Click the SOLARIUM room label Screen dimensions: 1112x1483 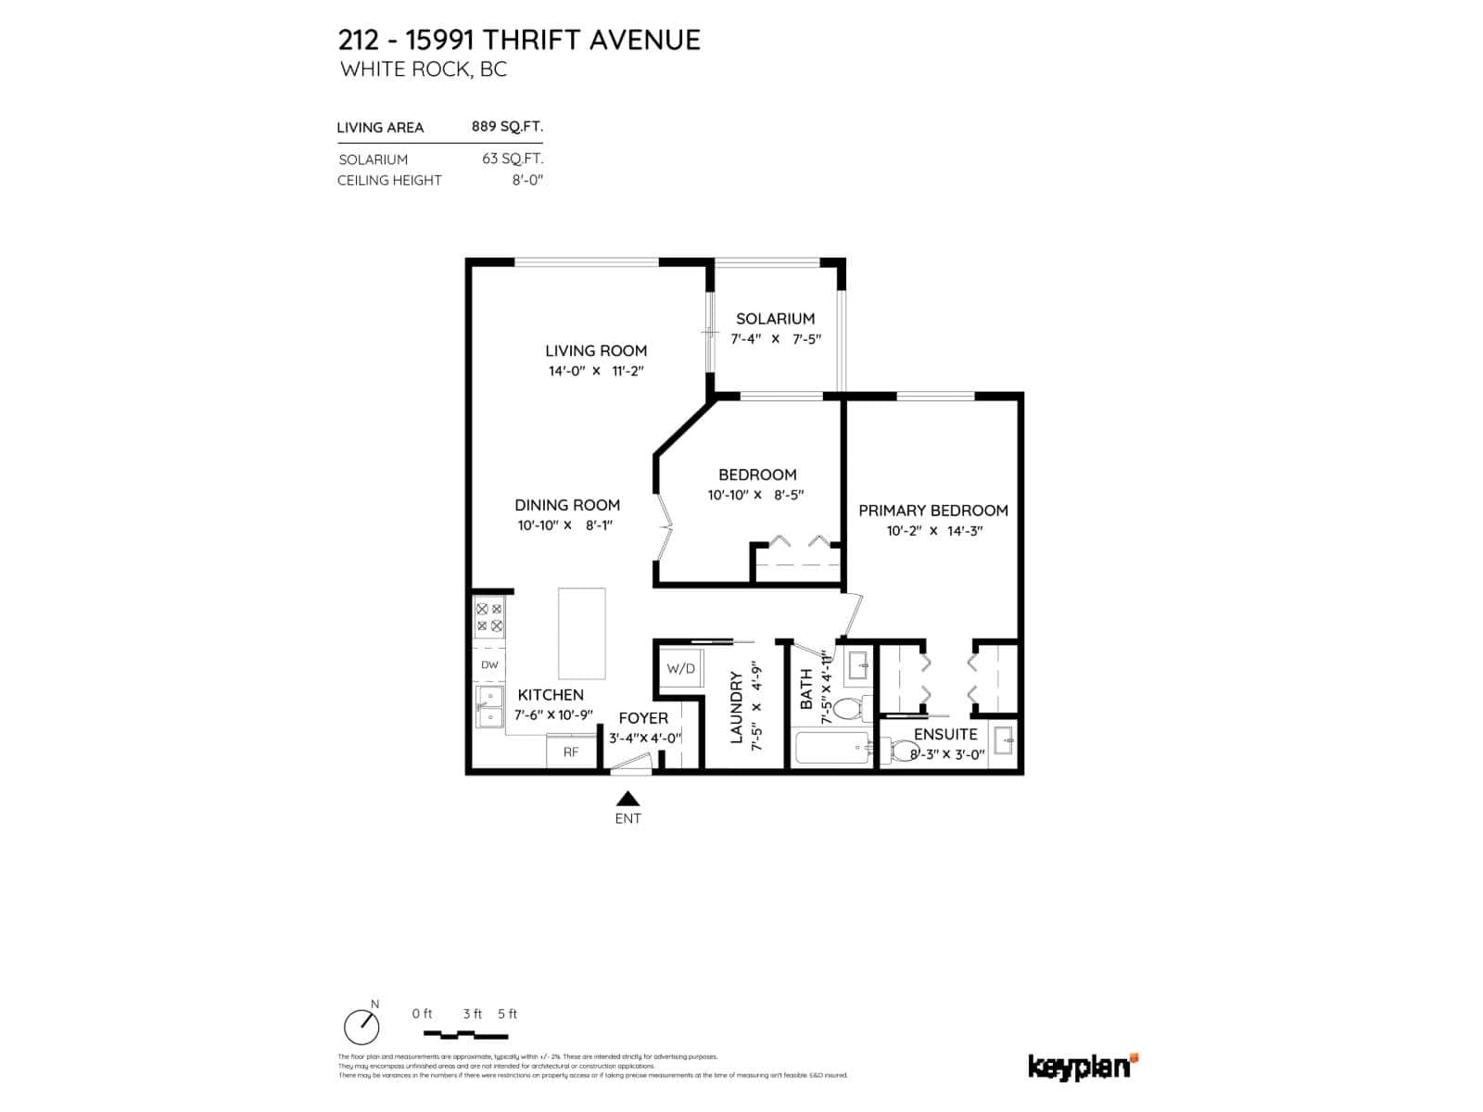click(775, 319)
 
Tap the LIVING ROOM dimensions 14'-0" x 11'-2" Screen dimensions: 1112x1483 click(595, 372)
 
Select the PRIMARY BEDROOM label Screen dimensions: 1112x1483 click(932, 511)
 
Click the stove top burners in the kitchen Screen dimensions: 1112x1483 click(489, 618)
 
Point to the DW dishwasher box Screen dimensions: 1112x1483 click(489, 665)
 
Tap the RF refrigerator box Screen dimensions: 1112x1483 click(571, 752)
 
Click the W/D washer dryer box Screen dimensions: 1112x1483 click(680, 668)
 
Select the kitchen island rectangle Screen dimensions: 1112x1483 click(581, 634)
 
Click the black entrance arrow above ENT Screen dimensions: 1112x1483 click(628, 799)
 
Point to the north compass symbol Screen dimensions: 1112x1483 click(361, 1026)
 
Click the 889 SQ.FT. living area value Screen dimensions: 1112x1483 click(507, 127)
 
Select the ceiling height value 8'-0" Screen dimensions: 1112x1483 click(527, 180)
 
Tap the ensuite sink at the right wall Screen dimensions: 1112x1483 click(1004, 742)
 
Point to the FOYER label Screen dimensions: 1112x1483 click(642, 718)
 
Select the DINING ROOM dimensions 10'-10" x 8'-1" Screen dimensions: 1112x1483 click(566, 525)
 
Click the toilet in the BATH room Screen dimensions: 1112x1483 click(848, 710)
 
